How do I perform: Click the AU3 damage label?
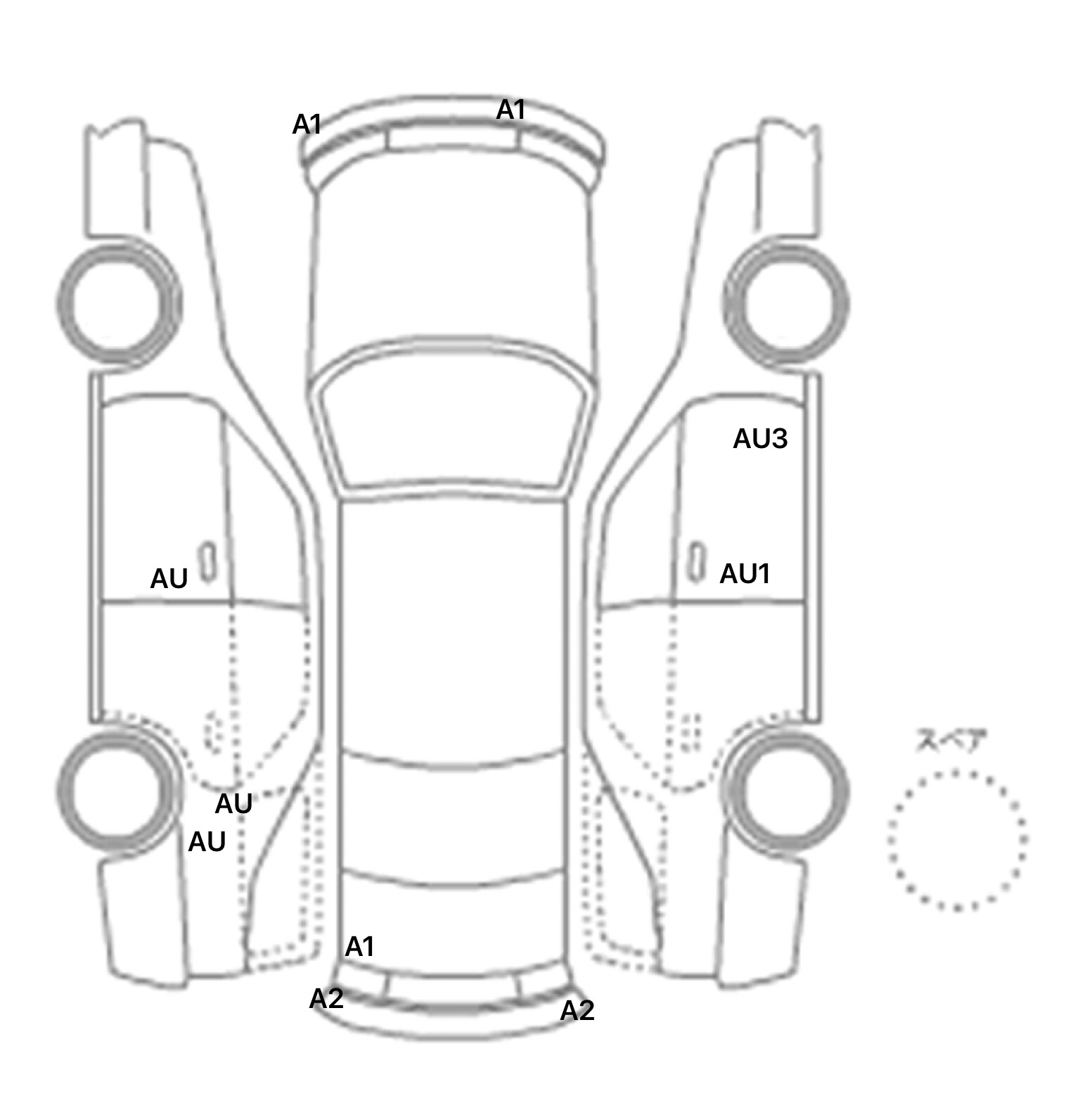point(760,439)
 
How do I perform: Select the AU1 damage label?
point(745,574)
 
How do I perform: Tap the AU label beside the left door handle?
point(169,579)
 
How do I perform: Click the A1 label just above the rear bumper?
point(359,947)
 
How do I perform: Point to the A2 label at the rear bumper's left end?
point(326,998)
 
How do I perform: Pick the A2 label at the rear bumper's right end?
point(577,1011)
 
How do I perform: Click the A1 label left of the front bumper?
point(307,125)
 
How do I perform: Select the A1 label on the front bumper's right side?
point(511,110)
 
